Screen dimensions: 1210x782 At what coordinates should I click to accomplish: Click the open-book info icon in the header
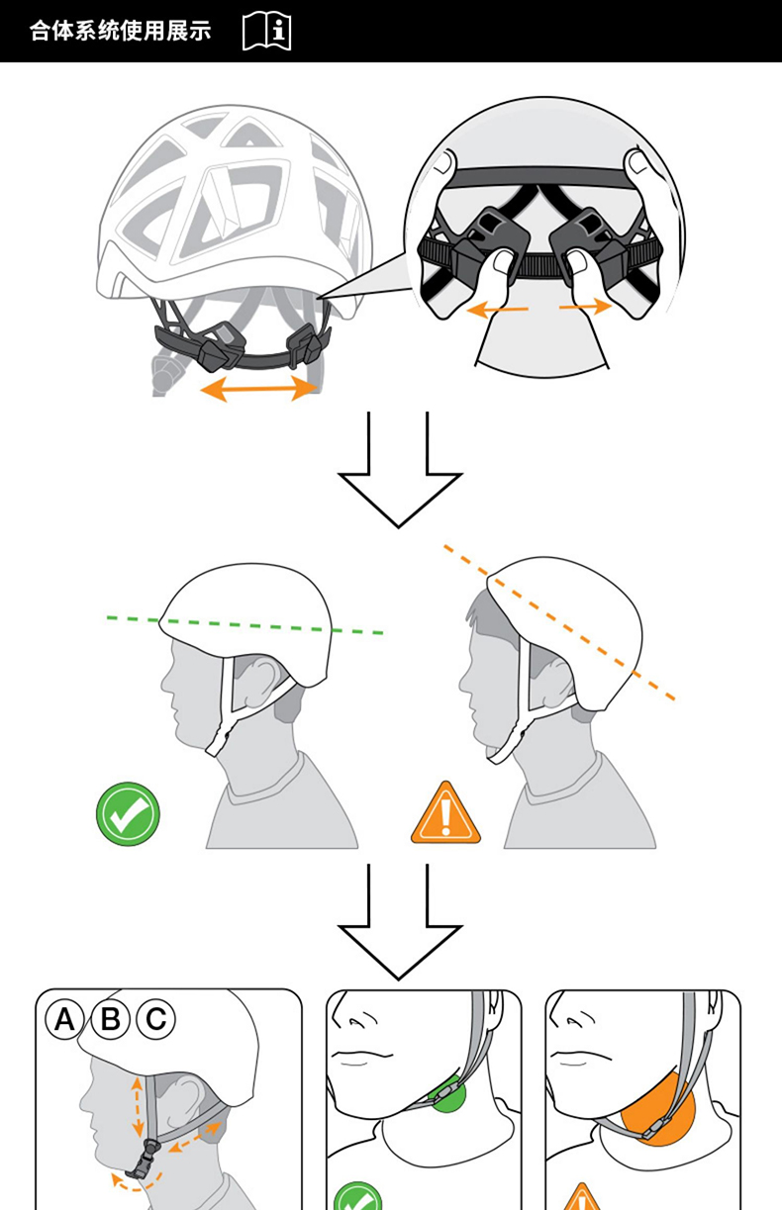[x=266, y=31]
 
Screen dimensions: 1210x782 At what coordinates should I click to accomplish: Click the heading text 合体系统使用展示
[x=120, y=31]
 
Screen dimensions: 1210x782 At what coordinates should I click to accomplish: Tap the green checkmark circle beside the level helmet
[x=128, y=813]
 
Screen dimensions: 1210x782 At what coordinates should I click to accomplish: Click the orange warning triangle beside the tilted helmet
[x=445, y=815]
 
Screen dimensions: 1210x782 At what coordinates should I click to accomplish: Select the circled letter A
[x=65, y=1018]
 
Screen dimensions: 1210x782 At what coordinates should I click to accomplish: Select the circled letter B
[x=111, y=1018]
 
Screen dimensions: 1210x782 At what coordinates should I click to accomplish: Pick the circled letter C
[x=155, y=1018]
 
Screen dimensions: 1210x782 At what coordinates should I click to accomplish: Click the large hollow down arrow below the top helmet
[x=399, y=470]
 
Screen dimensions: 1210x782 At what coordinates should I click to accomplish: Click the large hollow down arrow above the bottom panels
[x=399, y=922]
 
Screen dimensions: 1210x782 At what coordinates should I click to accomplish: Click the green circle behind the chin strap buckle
[x=448, y=1094]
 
